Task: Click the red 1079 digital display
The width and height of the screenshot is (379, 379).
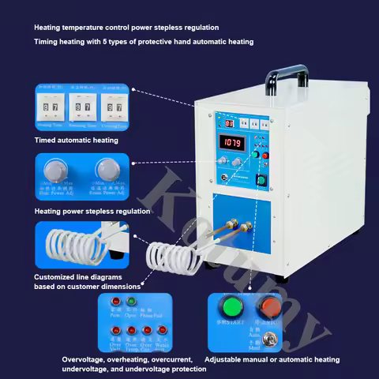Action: point(234,143)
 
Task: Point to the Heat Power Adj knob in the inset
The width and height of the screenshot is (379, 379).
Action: point(54,170)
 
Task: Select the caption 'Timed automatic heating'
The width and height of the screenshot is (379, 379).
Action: point(76,140)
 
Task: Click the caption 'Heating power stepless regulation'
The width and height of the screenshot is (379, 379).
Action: point(92,211)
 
